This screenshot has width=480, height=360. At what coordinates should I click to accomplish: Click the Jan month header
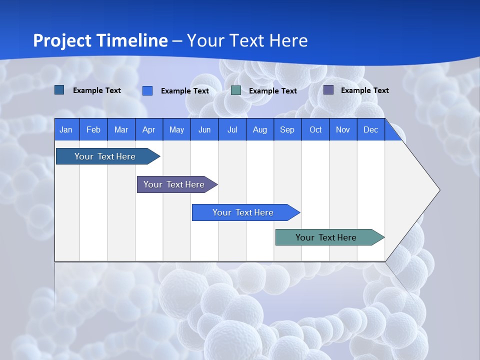(66, 129)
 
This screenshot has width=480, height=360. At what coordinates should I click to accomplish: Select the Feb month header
(93, 129)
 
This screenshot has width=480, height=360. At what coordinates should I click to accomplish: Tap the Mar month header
(121, 129)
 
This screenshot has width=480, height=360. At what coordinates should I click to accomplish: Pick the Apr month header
(148, 129)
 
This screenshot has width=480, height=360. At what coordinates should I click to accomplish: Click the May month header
(176, 129)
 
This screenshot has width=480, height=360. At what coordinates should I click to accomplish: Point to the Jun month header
(204, 129)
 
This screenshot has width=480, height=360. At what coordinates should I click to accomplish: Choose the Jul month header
(232, 129)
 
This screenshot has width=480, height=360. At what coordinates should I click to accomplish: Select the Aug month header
(259, 129)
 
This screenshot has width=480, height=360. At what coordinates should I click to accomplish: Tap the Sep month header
(287, 129)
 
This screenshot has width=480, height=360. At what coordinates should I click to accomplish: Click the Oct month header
(315, 129)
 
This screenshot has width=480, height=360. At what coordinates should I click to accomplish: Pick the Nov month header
(343, 129)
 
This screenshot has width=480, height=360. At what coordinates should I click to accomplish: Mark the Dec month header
(370, 129)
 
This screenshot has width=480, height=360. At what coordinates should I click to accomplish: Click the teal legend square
(236, 90)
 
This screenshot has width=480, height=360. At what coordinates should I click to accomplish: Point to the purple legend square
(328, 90)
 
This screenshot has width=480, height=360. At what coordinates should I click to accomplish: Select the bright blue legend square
(147, 90)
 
